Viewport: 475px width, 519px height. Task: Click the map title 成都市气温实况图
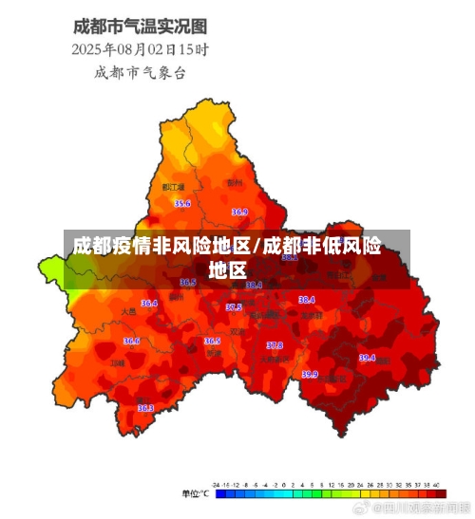point(142,27)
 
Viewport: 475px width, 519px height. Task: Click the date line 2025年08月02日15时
point(142,48)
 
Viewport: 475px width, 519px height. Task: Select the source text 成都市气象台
point(142,71)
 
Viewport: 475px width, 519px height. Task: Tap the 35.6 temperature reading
point(182,203)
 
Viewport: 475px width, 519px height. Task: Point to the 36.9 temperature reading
point(239,212)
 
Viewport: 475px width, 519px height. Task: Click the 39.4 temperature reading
point(367,358)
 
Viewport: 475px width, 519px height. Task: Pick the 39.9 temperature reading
point(310,374)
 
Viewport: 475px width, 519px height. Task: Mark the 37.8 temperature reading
point(275,345)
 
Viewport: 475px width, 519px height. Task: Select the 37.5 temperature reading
point(234,307)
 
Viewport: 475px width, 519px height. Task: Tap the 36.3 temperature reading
point(145,408)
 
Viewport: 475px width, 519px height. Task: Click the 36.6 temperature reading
point(131,341)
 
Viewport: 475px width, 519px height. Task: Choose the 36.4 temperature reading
point(149,304)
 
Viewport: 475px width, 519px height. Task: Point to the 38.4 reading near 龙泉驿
point(307,299)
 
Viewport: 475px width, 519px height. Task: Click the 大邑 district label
point(129,311)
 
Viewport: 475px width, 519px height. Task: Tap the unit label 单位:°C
point(196,494)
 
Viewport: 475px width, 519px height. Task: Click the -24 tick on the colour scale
point(218,485)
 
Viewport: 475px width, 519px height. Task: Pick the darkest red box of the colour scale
point(438,494)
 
